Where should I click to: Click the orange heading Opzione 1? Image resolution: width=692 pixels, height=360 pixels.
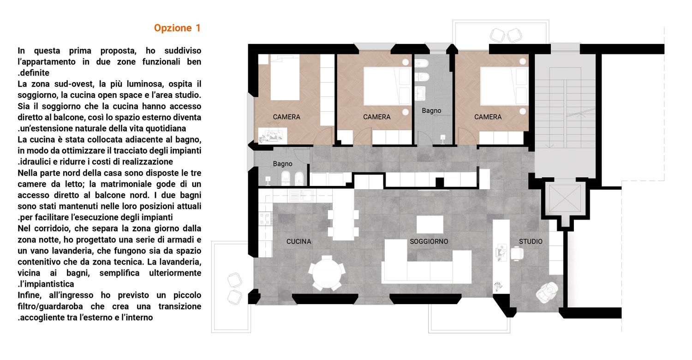(x=177, y=28)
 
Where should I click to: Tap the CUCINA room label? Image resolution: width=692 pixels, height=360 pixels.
(x=298, y=242)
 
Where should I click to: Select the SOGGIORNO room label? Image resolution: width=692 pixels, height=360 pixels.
(x=429, y=242)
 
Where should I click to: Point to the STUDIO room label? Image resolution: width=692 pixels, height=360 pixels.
(x=531, y=241)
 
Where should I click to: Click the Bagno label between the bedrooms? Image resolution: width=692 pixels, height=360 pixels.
(x=431, y=111)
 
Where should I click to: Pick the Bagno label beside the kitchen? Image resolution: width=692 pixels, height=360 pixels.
(x=282, y=164)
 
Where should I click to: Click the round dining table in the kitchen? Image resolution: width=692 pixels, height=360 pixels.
(x=327, y=273)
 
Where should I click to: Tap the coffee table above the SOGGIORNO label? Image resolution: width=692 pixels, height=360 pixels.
(x=430, y=224)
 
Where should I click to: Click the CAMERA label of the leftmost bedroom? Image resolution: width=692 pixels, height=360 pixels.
(x=286, y=117)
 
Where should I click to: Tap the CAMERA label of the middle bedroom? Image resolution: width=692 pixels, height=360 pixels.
(x=376, y=117)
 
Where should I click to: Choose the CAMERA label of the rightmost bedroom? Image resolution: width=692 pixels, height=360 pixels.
(x=488, y=117)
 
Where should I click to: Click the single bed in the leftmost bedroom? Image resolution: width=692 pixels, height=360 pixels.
(x=285, y=77)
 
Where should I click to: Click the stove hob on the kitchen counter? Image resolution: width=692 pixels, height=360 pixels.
(x=265, y=219)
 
